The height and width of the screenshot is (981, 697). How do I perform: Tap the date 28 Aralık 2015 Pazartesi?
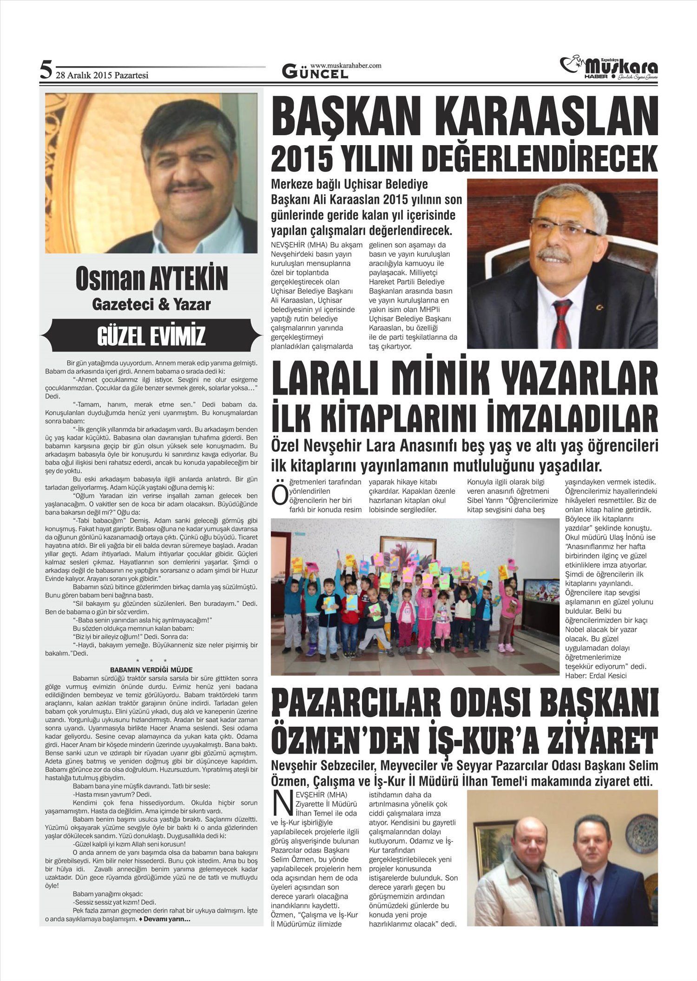click(x=102, y=75)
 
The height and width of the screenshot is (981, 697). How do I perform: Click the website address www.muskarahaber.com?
click(x=346, y=66)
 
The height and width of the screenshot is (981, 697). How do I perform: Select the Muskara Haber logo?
click(x=609, y=68)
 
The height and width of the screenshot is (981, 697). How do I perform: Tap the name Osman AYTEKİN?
click(x=151, y=278)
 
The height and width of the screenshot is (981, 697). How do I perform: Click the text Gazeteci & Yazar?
click(x=151, y=305)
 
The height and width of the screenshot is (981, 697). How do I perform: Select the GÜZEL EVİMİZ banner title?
click(x=151, y=336)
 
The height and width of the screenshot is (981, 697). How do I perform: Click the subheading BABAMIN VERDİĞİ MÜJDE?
click(x=151, y=670)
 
